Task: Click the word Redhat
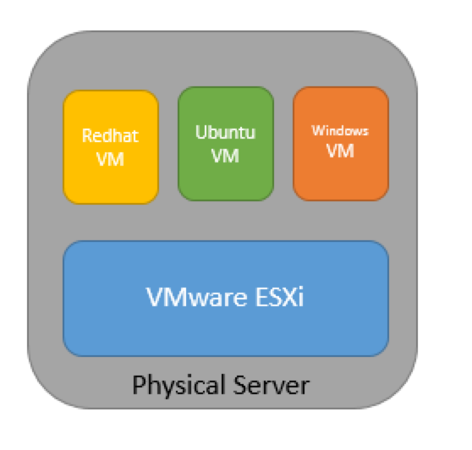point(110,135)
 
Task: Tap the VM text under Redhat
point(110,159)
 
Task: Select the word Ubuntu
point(226,132)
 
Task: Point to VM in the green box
point(226,156)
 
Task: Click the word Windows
point(340,130)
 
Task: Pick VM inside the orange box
point(340,151)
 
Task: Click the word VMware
point(197,297)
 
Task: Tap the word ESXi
point(279,297)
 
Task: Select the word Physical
point(179,386)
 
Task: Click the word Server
point(272,385)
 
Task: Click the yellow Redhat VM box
point(111,147)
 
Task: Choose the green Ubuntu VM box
point(226,144)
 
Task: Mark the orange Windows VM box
point(341,144)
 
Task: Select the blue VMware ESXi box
point(226,299)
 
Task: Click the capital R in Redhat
point(87,135)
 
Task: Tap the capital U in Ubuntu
point(201,132)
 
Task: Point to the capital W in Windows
point(318,130)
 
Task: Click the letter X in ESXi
point(287,297)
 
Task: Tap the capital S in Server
point(240,385)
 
